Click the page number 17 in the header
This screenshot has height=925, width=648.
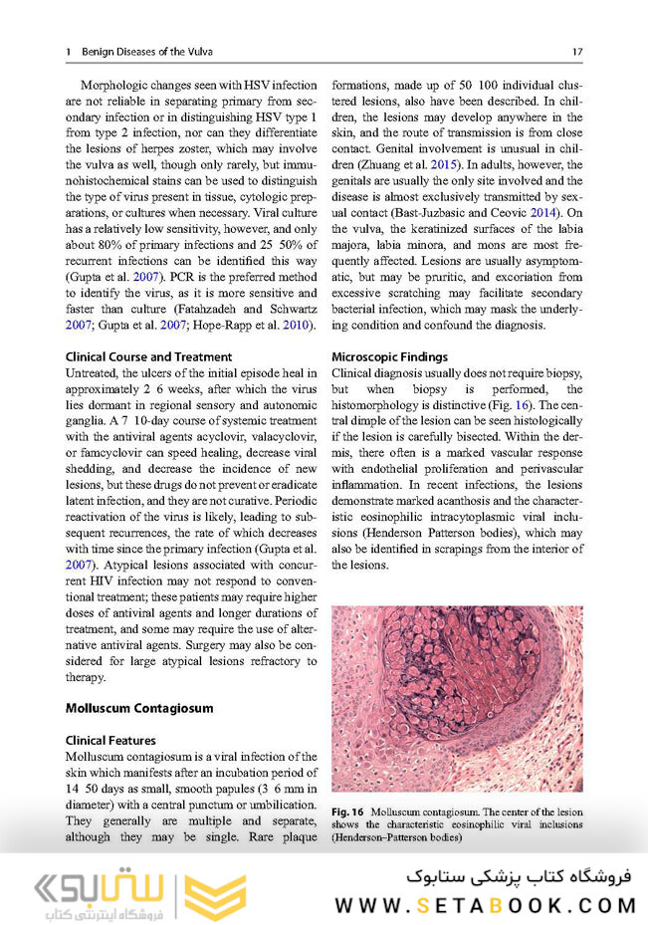click(577, 51)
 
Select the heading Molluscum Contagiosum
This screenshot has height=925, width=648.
click(138, 708)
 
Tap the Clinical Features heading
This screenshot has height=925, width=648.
click(109, 741)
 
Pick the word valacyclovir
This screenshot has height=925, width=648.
click(285, 435)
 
